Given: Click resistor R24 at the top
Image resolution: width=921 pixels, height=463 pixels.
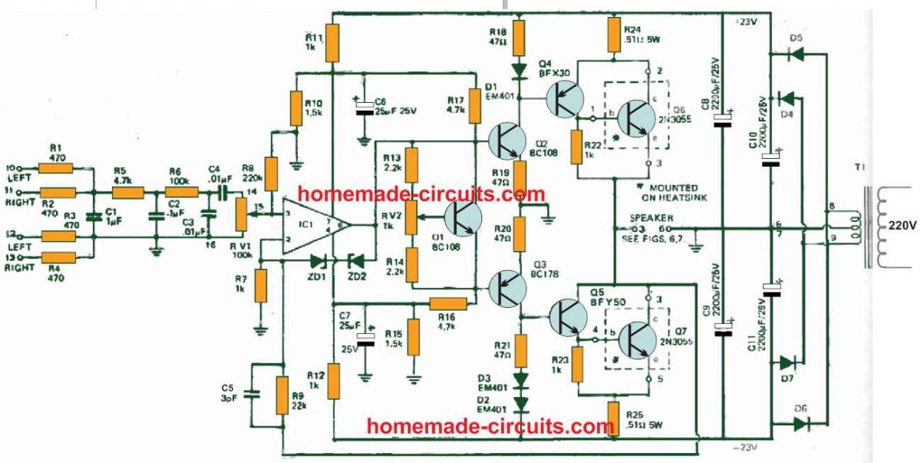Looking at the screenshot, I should (x=613, y=34).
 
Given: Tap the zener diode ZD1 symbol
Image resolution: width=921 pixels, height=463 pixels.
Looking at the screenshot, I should (x=316, y=261).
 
